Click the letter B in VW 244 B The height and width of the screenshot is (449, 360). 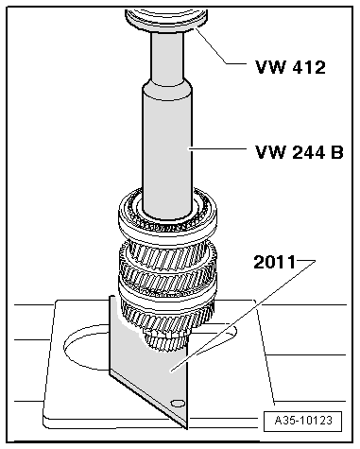337,150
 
